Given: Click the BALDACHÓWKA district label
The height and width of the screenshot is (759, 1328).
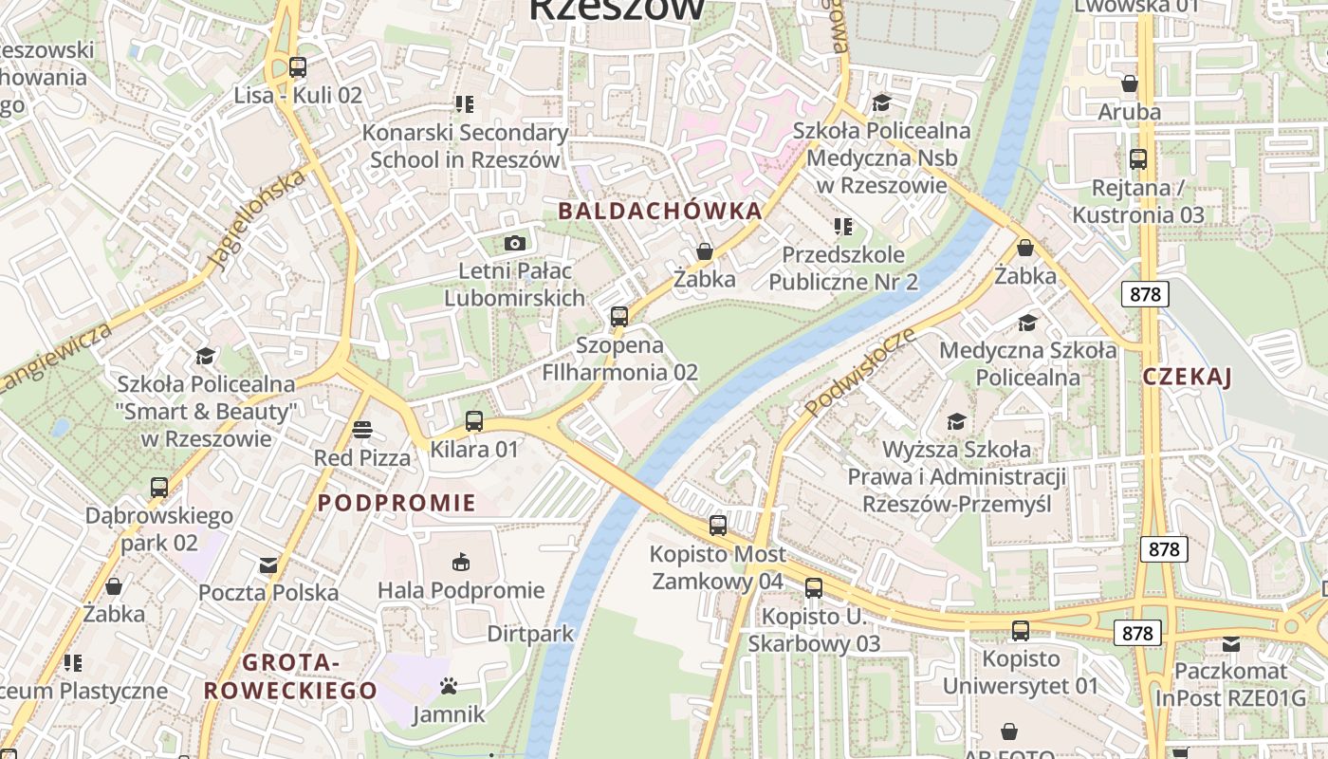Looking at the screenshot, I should click(660, 211).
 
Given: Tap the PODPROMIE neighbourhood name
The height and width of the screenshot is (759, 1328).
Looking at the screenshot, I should click(397, 503).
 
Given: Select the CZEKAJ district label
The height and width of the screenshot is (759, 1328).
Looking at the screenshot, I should click(1187, 377).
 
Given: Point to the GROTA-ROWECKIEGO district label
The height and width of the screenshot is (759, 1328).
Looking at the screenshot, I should click(290, 676).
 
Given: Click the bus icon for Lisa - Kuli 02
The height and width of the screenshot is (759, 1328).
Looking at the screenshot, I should click(298, 67).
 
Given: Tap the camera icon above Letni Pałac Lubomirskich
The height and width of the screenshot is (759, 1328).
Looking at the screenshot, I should click(515, 244).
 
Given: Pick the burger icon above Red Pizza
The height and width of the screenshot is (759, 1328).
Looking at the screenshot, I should click(361, 430).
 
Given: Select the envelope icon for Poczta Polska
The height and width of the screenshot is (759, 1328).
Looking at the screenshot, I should click(268, 565).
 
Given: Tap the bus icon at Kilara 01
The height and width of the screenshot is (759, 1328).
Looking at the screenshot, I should click(474, 421).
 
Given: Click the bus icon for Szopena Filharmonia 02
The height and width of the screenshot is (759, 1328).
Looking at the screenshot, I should click(619, 317).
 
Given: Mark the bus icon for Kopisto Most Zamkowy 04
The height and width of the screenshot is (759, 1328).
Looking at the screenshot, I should click(718, 526).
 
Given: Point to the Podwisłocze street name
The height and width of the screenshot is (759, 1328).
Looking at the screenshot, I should click(860, 373).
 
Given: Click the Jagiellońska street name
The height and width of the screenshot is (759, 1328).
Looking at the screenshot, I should click(257, 220).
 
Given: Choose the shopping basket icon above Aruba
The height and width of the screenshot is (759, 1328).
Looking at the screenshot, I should click(1129, 84).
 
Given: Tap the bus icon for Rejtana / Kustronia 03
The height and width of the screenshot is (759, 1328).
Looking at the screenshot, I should click(1138, 159).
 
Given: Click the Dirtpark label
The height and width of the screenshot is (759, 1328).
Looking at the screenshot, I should click(530, 633).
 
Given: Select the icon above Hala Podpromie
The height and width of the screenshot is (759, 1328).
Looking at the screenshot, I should click(461, 563).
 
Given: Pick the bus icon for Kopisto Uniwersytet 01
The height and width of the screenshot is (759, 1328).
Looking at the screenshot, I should click(1021, 631).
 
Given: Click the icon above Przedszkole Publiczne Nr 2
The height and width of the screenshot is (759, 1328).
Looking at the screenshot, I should click(842, 227).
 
